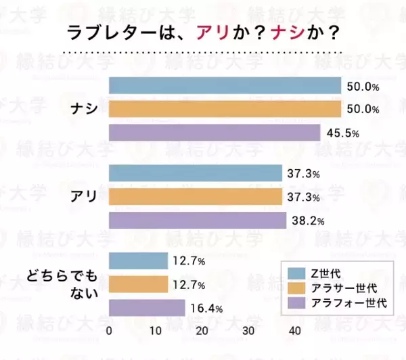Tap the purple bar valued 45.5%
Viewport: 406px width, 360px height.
click(215, 133)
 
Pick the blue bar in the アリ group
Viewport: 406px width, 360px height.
click(196, 173)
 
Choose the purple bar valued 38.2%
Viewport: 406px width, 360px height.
click(198, 221)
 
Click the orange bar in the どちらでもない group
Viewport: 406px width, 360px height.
click(138, 284)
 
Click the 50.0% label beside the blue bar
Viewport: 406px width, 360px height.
click(363, 87)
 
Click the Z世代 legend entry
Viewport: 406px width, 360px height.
click(325, 273)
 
